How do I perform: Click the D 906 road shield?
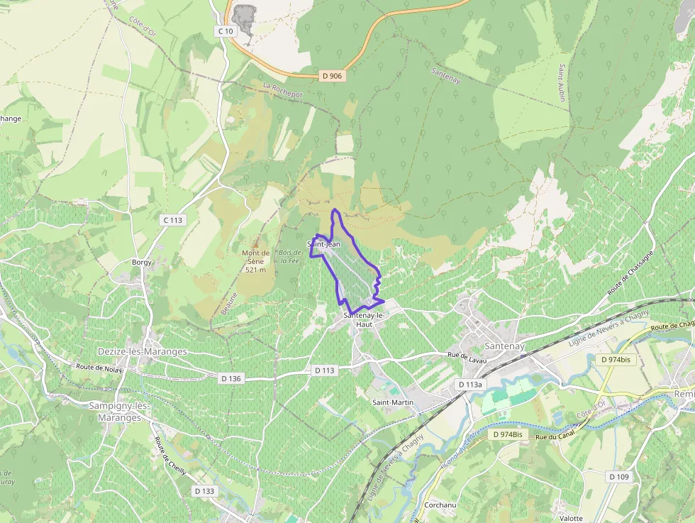pos(332,75)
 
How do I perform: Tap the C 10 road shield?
pos(225,31)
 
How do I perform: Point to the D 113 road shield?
pos(323,370)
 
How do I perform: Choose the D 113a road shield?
pos(469,385)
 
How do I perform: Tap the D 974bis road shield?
pos(615,359)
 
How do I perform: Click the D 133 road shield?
pos(204,490)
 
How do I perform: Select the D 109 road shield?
pos(618,477)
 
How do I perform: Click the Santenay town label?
pos(504,346)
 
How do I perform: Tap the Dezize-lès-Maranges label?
pos(142,352)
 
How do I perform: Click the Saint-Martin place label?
pos(393,402)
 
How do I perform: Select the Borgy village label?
pos(142,263)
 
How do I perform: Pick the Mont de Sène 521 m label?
pos(255,261)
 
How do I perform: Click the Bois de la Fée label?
pos(289,256)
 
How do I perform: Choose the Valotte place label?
pos(570,518)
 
